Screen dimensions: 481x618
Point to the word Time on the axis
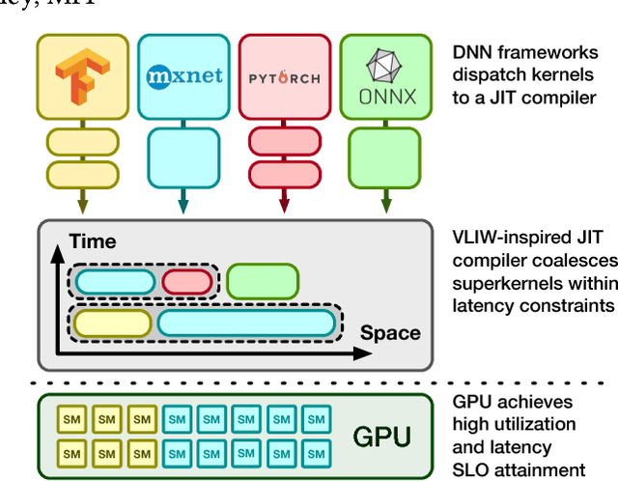[92, 242]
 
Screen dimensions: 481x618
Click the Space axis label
[390, 334]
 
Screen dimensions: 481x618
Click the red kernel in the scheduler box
[186, 282]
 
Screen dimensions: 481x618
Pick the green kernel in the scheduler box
[263, 281]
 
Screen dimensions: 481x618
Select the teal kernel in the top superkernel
[115, 282]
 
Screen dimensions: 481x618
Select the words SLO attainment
[520, 470]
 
